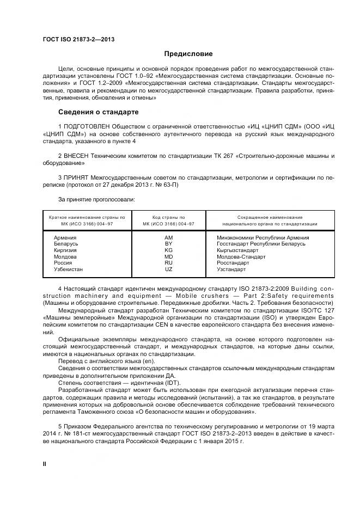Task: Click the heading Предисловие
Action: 188,54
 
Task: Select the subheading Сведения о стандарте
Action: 98,112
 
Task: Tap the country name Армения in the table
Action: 65,238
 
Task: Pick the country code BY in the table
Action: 168,244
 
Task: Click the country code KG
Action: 168,250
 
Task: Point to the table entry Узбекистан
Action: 68,269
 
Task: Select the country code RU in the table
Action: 168,263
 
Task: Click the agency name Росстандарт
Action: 233,263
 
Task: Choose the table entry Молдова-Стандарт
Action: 241,257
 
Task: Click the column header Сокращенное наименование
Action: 270,217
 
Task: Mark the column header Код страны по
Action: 168,217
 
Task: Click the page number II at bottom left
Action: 45,463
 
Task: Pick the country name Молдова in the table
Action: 65,257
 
